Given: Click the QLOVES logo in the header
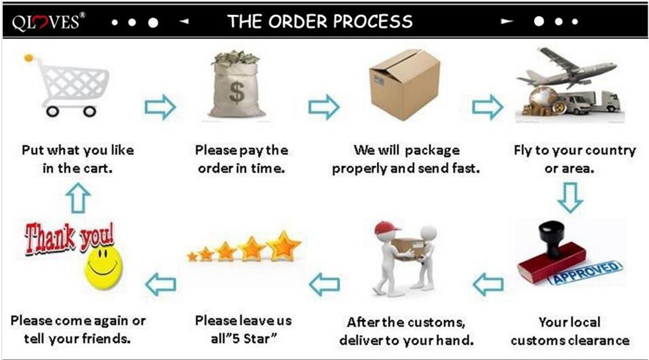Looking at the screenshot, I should coord(48,21).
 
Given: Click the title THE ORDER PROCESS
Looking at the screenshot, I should coord(320,21).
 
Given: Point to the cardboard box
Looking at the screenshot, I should coord(404,84).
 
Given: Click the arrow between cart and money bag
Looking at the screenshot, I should coord(160,106).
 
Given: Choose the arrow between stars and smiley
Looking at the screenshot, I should coord(160,283).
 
